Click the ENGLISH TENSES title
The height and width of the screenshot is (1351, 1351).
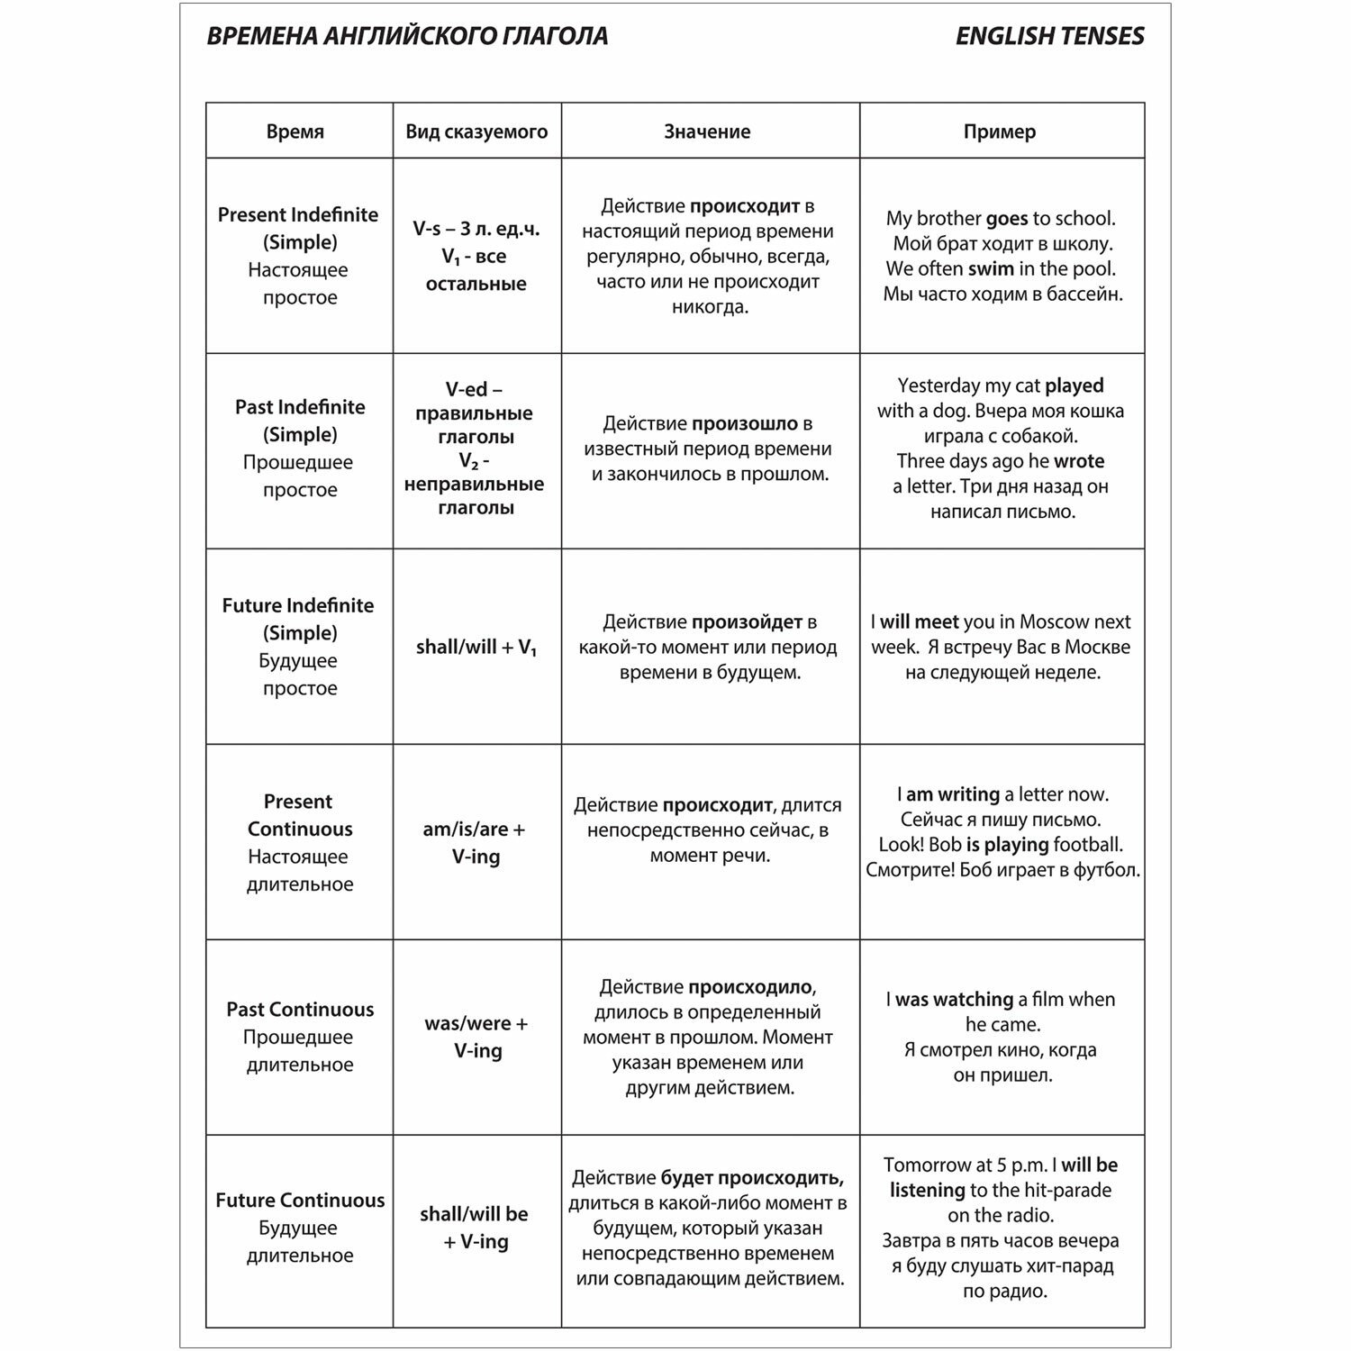point(1049,36)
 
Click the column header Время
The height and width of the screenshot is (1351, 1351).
point(295,131)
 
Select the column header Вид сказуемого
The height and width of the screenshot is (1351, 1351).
point(476,131)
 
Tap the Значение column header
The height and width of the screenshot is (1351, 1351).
point(707,131)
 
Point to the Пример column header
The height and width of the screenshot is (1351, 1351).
point(1000,131)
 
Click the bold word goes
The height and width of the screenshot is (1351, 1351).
point(1007,218)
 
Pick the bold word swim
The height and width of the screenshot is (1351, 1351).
point(991,268)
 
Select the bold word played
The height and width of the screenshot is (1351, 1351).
point(1074,385)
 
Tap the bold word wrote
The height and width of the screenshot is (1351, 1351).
point(1079,461)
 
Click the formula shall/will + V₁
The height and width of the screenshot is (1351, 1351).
point(476,648)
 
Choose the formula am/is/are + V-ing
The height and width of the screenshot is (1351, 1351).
point(475,842)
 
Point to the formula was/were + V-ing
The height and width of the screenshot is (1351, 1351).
point(476,1037)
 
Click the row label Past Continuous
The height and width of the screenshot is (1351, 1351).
point(300,1009)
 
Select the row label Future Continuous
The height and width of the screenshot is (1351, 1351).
point(300,1200)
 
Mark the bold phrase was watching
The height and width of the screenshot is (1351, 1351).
point(954,999)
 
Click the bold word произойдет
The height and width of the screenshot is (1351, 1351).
point(747,621)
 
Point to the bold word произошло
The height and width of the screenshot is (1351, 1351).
point(745,423)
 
